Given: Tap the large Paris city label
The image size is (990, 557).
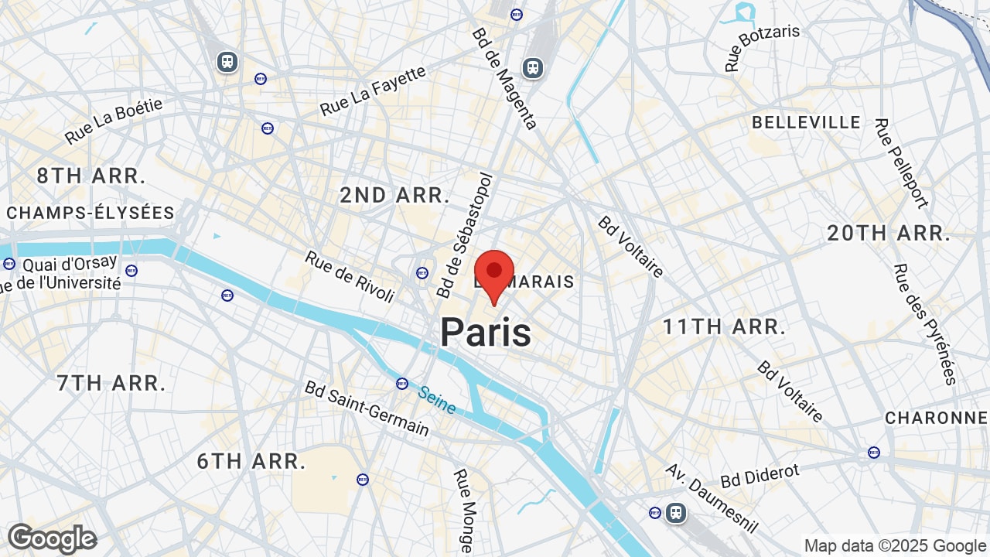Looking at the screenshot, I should pyautogui.click(x=486, y=333).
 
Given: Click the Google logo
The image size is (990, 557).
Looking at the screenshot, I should pyautogui.click(x=52, y=538).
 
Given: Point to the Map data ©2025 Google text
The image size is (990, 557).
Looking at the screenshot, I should pyautogui.click(x=895, y=546).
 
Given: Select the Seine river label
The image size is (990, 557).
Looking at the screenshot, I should pyautogui.click(x=436, y=400).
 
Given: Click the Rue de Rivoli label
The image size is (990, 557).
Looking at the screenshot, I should pyautogui.click(x=350, y=276).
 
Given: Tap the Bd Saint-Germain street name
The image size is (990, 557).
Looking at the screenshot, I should pyautogui.click(x=367, y=408).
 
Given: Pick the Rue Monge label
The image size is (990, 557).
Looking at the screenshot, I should pyautogui.click(x=463, y=509).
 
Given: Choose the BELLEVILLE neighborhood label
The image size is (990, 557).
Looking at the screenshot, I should pyautogui.click(x=806, y=122).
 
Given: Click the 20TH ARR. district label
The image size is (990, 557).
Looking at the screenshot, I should pyautogui.click(x=889, y=233).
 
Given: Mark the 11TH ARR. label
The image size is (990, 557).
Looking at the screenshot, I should pyautogui.click(x=724, y=326).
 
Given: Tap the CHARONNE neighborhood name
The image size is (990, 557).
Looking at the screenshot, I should pyautogui.click(x=936, y=418).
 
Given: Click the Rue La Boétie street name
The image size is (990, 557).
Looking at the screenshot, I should pyautogui.click(x=114, y=120).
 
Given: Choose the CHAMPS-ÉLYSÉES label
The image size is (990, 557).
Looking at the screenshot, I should pyautogui.click(x=90, y=213).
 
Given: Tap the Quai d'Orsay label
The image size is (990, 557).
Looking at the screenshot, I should pyautogui.click(x=70, y=264).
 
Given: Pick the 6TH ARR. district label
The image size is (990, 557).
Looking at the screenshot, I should pyautogui.click(x=251, y=462).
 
